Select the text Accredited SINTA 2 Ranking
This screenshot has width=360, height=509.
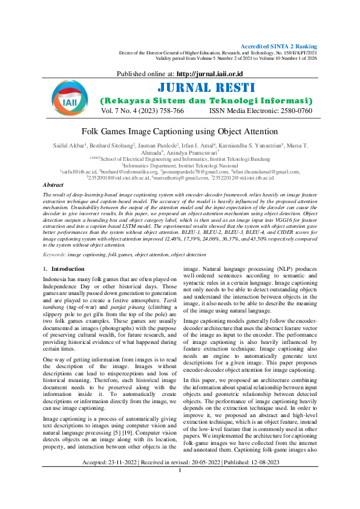(x=279, y=47)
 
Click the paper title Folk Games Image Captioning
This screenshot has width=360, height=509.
(x=180, y=131)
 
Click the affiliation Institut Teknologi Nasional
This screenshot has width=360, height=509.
(x=201, y=166)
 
